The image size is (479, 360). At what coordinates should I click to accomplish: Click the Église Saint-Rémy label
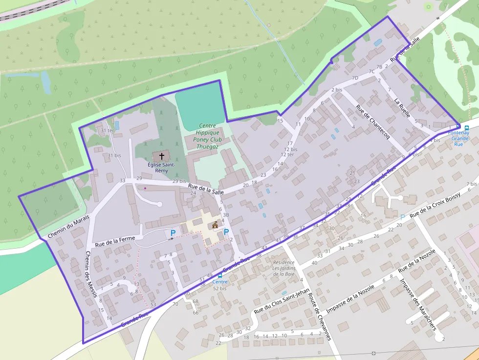(161, 168)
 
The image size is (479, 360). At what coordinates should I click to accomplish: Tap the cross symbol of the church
(161, 157)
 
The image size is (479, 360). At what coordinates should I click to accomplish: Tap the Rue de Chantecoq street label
(372, 123)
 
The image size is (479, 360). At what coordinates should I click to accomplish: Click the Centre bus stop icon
(220, 275)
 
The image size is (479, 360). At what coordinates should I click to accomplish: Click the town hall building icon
(215, 225)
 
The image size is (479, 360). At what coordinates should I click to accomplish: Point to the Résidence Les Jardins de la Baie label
(283, 268)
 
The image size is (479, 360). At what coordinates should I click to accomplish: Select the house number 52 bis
(220, 289)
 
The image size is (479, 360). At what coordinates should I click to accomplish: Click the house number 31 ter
(107, 130)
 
